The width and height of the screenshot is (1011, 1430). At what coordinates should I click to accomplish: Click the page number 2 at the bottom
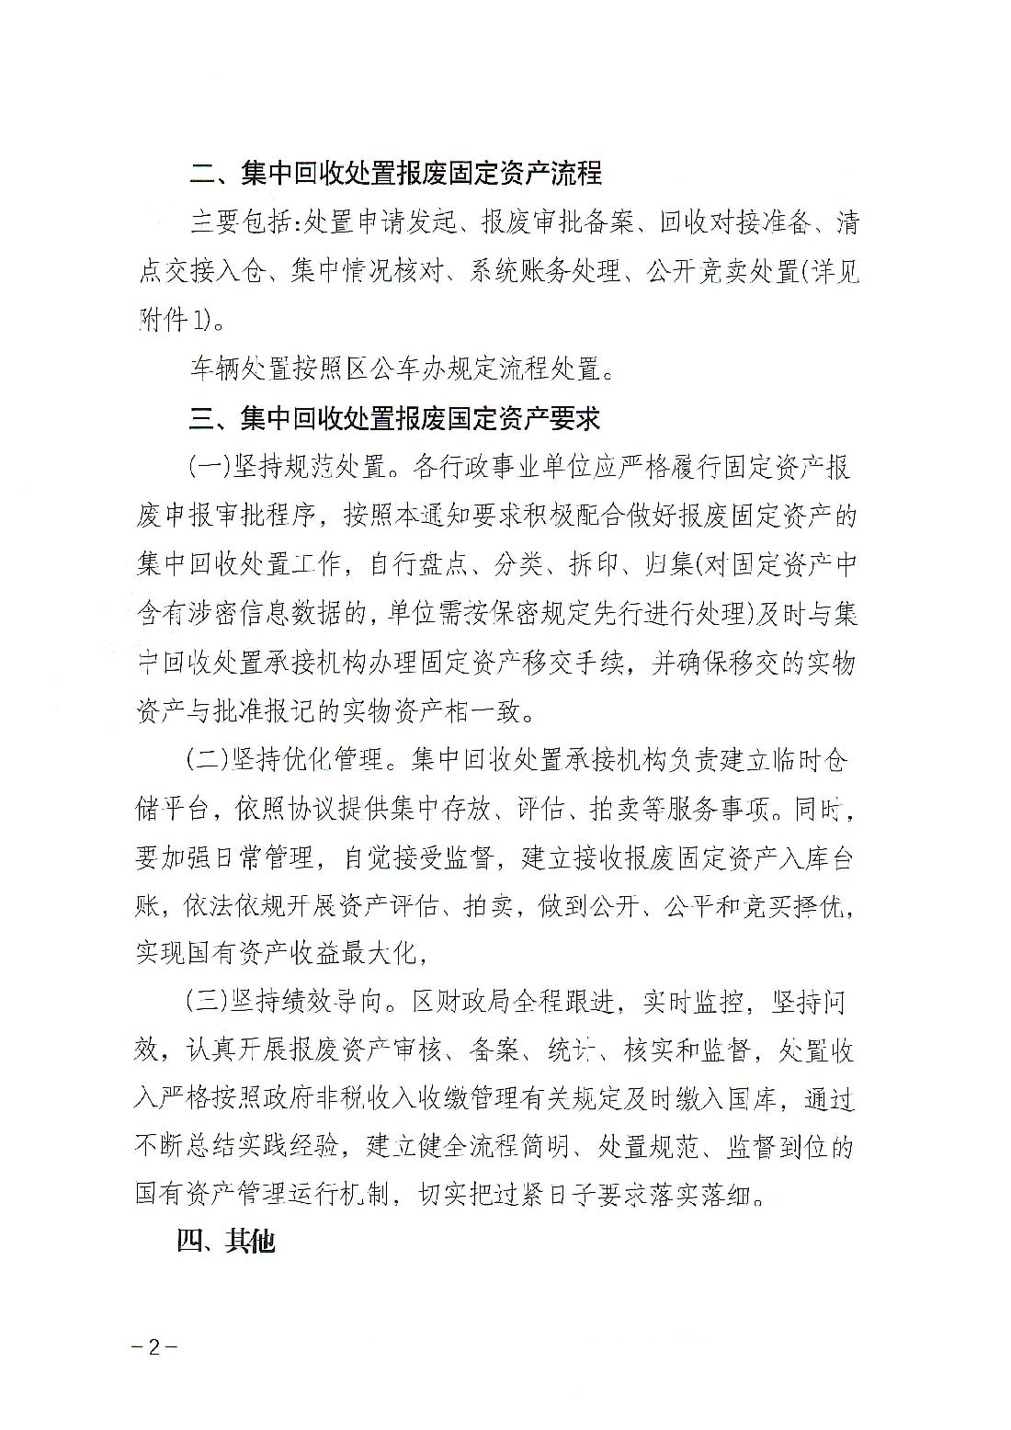(153, 1347)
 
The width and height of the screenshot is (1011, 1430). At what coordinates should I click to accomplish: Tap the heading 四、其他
(226, 1242)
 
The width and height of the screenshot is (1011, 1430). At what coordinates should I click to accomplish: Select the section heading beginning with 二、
(395, 173)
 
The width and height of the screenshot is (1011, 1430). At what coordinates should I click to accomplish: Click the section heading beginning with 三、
(395, 419)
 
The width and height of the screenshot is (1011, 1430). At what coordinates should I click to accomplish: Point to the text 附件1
(175, 321)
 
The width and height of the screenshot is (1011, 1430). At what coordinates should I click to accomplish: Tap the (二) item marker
(207, 760)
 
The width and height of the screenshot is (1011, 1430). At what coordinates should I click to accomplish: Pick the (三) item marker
(207, 1001)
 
